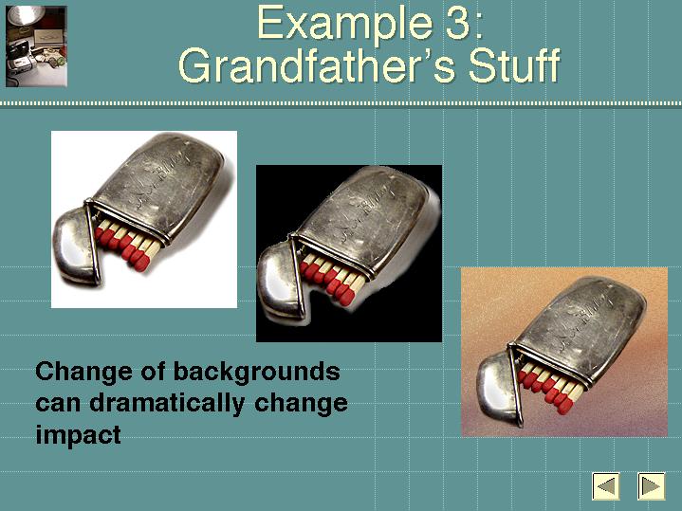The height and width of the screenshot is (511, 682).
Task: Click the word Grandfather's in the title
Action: tap(317, 65)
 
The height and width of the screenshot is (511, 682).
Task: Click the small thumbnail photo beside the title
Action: tap(36, 46)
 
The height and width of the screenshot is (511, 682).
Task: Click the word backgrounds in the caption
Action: tap(257, 374)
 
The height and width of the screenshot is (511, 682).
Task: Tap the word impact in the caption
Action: tap(79, 434)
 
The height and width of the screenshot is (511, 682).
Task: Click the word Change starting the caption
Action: tap(83, 372)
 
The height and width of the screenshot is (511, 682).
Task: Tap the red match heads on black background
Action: tap(327, 281)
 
